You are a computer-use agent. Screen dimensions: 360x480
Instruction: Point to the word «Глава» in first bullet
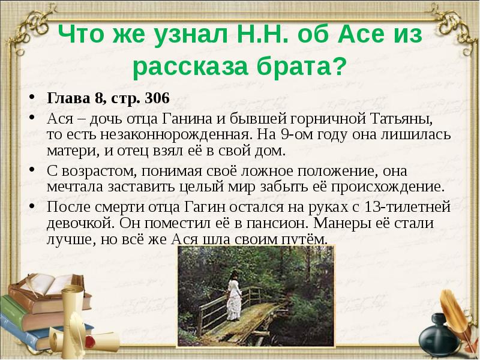[x=64, y=98]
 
